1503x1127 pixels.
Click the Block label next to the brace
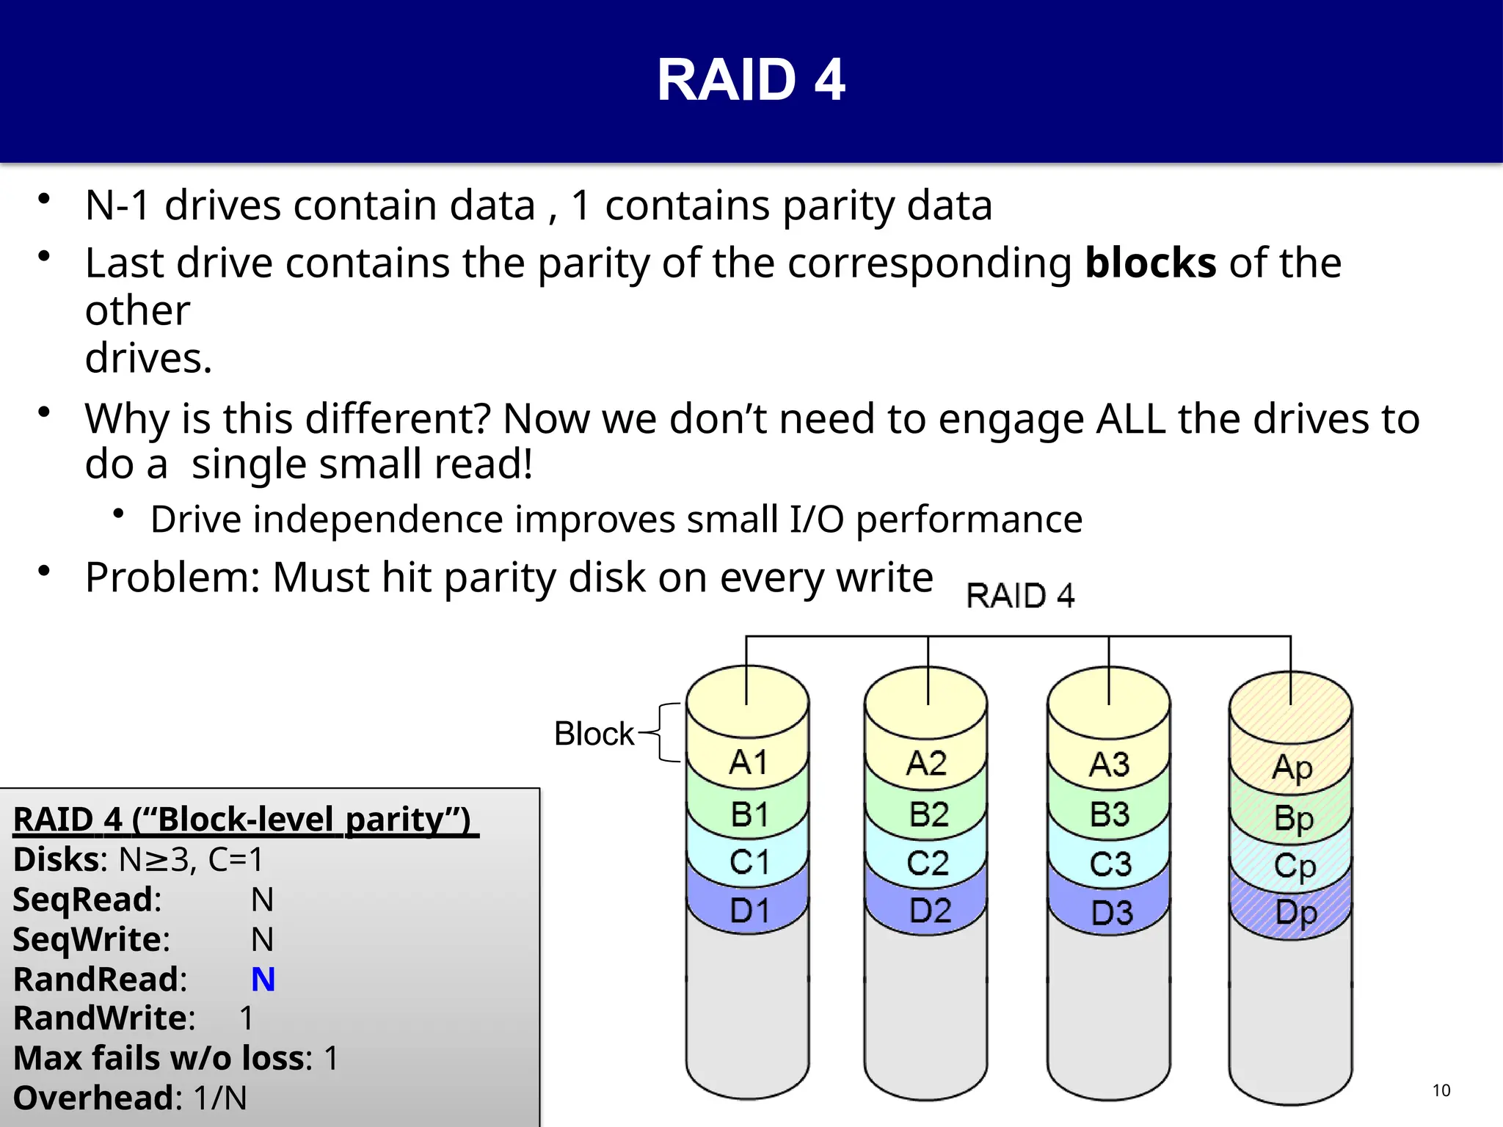click(x=594, y=734)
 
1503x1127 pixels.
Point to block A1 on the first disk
click(x=748, y=762)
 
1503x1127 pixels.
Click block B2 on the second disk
click(x=928, y=815)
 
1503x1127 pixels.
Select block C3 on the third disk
click(x=1110, y=864)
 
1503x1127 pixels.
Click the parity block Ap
click(x=1292, y=767)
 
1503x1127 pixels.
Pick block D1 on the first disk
click(x=749, y=911)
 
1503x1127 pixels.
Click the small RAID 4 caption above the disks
click(x=1020, y=596)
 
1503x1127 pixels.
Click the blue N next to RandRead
click(x=263, y=980)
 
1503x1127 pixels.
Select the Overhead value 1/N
click(x=220, y=1098)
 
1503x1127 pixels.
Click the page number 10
click(x=1441, y=1090)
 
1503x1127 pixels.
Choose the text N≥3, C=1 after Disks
click(x=191, y=860)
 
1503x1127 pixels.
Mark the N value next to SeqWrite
click(x=262, y=939)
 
